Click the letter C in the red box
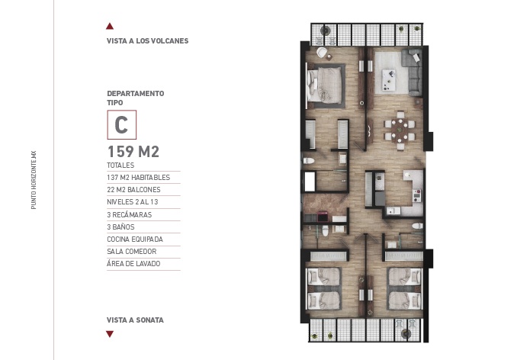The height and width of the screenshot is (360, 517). click(x=121, y=124)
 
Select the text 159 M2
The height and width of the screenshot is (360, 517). click(x=133, y=151)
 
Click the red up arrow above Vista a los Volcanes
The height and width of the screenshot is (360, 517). click(x=111, y=26)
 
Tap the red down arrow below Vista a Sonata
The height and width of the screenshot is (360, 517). click(x=111, y=333)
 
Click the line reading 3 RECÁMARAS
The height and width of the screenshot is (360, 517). click(x=130, y=215)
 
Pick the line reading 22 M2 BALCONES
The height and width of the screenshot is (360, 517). click(x=134, y=189)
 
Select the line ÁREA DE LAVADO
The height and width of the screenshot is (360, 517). click(x=134, y=264)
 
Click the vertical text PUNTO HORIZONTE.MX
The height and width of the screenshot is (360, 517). click(x=34, y=179)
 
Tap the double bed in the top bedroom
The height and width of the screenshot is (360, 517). click(x=327, y=85)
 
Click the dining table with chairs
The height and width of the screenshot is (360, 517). click(x=400, y=127)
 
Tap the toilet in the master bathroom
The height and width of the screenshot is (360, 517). click(x=310, y=161)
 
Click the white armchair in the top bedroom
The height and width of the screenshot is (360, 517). click(x=322, y=52)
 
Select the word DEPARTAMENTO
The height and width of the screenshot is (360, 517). click(x=135, y=93)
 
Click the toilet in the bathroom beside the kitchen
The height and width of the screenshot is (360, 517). click(x=417, y=226)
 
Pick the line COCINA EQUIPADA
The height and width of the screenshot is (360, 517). click(x=134, y=239)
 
